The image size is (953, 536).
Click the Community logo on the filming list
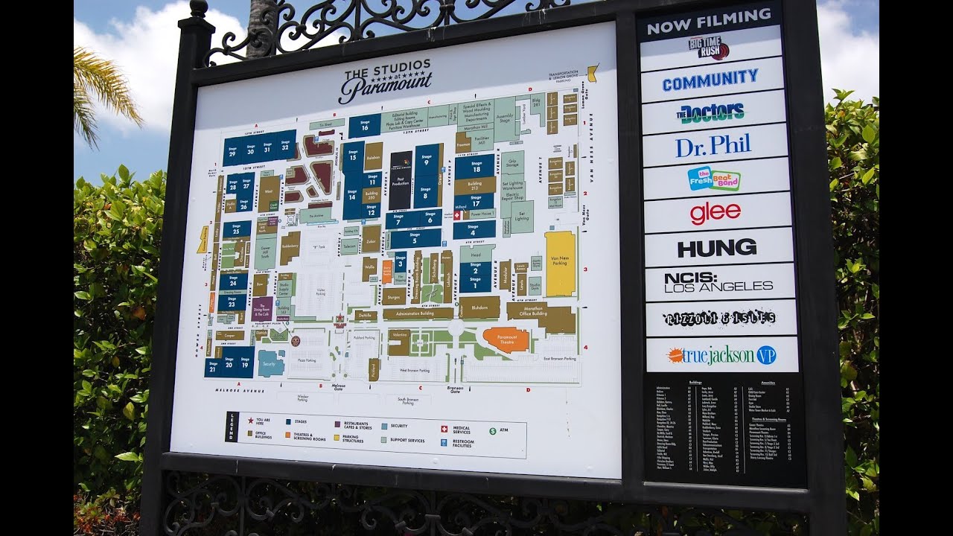710,79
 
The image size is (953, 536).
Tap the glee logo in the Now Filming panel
715,213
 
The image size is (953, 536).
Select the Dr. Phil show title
713,145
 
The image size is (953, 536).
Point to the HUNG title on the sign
717,248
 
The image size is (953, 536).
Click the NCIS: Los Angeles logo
718,281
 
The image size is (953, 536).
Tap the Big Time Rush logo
708,48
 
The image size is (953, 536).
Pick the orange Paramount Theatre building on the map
506,339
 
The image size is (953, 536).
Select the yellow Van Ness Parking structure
560,263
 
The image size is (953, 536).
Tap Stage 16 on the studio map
365,125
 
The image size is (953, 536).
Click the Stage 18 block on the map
475,167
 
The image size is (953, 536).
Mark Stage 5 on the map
414,238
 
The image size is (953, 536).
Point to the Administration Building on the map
418,313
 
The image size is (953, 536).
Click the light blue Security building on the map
270,363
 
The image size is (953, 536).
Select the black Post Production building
401,180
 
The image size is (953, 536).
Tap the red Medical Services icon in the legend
444,430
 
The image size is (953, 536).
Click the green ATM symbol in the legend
492,430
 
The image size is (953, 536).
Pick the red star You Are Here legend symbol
250,421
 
